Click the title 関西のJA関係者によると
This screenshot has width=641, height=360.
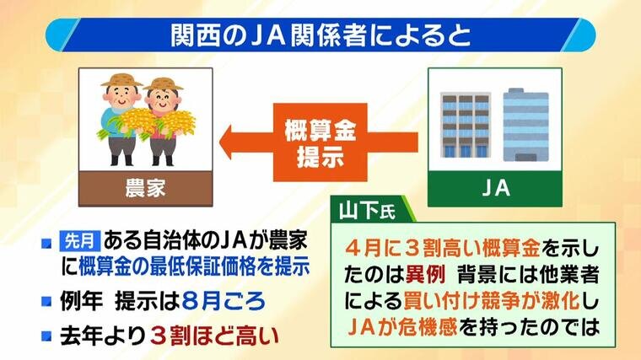click(320, 36)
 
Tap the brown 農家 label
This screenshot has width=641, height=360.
click(146, 188)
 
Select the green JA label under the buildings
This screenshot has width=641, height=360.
click(495, 188)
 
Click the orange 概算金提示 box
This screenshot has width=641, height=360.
click(320, 142)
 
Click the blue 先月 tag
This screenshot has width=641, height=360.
click(79, 240)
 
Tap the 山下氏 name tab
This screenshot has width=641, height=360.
click(368, 212)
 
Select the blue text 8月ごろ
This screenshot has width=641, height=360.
click(224, 302)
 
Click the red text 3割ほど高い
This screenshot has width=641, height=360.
click(214, 336)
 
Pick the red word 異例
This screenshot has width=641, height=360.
click(425, 276)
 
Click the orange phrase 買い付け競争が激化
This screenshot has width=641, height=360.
click(492, 301)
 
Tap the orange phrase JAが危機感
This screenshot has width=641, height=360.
click(402, 327)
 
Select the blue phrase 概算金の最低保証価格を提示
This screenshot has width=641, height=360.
click(194, 267)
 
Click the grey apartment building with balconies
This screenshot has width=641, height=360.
click(465, 125)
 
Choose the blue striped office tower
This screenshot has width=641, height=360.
click(525, 125)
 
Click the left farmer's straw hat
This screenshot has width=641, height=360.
click(121, 80)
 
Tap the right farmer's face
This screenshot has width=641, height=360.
click(163, 99)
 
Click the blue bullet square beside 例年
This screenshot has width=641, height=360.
click(46, 302)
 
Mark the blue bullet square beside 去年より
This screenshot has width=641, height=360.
click(46, 336)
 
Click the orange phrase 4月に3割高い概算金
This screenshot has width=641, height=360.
click(442, 249)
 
